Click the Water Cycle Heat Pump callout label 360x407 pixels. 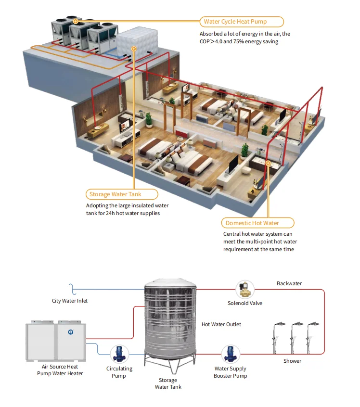pos(242,22)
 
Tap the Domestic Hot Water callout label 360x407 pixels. pos(259,223)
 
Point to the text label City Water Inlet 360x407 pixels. pos(70,301)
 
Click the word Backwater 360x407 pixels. pos(289,283)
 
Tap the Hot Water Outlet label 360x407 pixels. pos(221,324)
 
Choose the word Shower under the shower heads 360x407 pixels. pos(292,361)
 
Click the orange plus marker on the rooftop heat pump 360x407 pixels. pos(76,21)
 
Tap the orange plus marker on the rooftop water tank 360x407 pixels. pos(134,49)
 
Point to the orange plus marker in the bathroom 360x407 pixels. pos(268,164)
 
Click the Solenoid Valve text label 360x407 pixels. pos(245,303)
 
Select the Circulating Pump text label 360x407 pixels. pos(119,372)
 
